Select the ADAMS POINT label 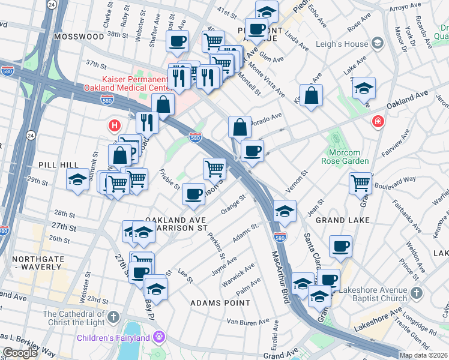click(x=220, y=303)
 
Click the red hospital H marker click(x=113, y=126)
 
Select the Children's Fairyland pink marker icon click(x=159, y=338)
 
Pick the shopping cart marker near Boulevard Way click(x=360, y=182)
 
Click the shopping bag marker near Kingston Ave click(x=312, y=95)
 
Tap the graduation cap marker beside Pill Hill click(x=77, y=179)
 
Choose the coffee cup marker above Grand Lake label click(x=340, y=245)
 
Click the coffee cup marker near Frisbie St click(x=193, y=194)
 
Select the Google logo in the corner click(x=20, y=353)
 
